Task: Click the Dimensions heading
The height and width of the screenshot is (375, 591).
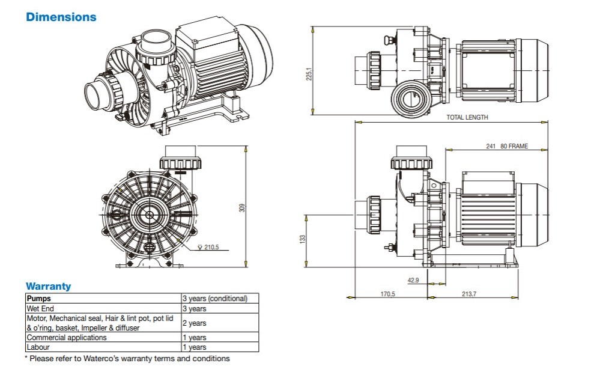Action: click(61, 17)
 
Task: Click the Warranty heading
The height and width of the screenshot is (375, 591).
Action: click(48, 286)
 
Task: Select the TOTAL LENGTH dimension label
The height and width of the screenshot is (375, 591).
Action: click(467, 117)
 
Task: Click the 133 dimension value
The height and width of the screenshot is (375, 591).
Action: click(303, 239)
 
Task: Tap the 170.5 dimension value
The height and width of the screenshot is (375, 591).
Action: click(387, 294)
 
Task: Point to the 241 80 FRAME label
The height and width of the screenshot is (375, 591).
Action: click(507, 146)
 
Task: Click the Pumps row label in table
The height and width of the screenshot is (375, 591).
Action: click(39, 298)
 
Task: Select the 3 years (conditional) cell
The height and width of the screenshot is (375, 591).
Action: click(214, 298)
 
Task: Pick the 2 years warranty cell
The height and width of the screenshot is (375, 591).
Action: click(195, 323)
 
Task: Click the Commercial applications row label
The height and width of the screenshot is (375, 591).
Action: click(66, 337)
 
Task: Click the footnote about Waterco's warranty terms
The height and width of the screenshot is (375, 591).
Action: click(127, 358)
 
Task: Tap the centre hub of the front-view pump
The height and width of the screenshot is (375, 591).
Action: click(148, 213)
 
